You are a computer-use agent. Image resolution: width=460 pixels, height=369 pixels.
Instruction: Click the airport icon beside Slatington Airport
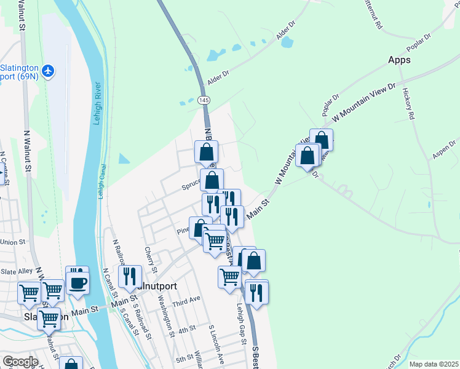click(50, 71)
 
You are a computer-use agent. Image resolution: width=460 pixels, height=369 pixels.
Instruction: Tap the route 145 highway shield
click(203, 100)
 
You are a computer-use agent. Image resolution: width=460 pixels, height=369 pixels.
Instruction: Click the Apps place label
click(399, 60)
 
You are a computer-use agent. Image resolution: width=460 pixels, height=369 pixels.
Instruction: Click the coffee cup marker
click(77, 283)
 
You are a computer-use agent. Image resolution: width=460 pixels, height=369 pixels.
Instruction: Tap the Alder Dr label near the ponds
click(218, 73)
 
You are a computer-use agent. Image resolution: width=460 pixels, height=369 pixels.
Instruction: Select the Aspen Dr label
click(443, 149)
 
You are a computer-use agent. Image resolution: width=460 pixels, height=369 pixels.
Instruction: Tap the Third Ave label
click(186, 299)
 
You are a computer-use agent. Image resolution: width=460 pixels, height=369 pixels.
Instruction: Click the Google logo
click(20, 362)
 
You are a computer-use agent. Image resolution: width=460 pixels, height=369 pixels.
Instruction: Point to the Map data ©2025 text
click(434, 364)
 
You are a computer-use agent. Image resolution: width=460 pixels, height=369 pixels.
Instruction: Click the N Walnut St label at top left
click(22, 15)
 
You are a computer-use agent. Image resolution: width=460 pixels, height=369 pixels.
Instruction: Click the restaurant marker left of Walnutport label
click(130, 277)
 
